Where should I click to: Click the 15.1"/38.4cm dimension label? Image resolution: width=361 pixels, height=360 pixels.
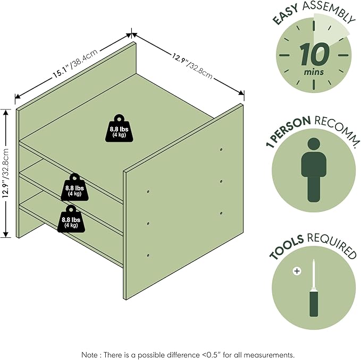[x=75, y=63]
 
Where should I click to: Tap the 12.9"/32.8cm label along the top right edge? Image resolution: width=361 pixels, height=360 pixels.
[x=192, y=66]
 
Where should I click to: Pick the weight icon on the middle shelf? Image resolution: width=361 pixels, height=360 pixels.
[x=74, y=187]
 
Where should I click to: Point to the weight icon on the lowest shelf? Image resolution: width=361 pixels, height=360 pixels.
[x=71, y=219]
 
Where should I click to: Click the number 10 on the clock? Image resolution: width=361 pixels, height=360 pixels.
[x=315, y=55]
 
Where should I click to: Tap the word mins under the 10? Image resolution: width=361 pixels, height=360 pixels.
[x=314, y=72]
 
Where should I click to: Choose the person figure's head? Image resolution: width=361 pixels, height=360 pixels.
[x=314, y=144]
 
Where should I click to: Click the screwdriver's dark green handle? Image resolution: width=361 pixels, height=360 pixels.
[x=314, y=303]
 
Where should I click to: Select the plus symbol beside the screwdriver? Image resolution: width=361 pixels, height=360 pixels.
[x=297, y=271]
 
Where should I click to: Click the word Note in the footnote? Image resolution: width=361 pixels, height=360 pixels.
[x=89, y=355]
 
